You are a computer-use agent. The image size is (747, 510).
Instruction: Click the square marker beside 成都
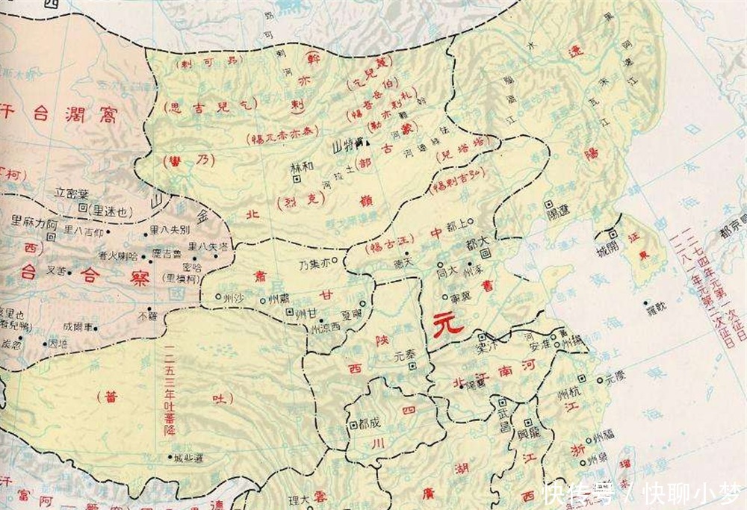pos(353,424)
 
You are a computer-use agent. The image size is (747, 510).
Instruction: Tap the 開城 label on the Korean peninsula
pos(607,246)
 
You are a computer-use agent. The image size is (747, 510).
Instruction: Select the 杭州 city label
pos(580,386)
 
